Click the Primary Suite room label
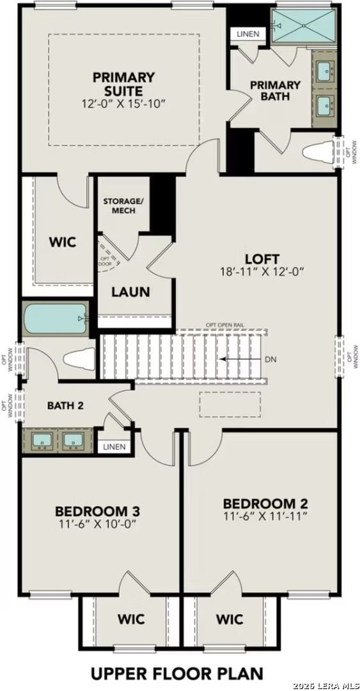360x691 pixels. (124, 83)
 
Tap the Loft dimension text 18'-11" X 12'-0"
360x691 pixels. (262, 271)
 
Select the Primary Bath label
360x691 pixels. (275, 90)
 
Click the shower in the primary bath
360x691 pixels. (304, 26)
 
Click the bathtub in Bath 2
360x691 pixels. (54, 318)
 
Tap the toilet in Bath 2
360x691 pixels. (77, 359)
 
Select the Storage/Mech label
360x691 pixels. (123, 205)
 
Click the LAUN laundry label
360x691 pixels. (130, 292)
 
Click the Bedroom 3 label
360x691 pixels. (97, 511)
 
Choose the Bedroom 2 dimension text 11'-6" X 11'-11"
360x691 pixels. (266, 515)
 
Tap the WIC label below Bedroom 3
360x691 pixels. (130, 619)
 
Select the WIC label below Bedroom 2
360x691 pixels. (229, 619)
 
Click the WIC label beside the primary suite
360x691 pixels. (63, 242)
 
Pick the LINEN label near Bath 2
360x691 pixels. (114, 447)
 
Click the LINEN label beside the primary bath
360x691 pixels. (247, 34)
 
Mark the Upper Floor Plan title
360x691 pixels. (176, 673)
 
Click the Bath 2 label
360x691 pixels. (65, 405)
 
